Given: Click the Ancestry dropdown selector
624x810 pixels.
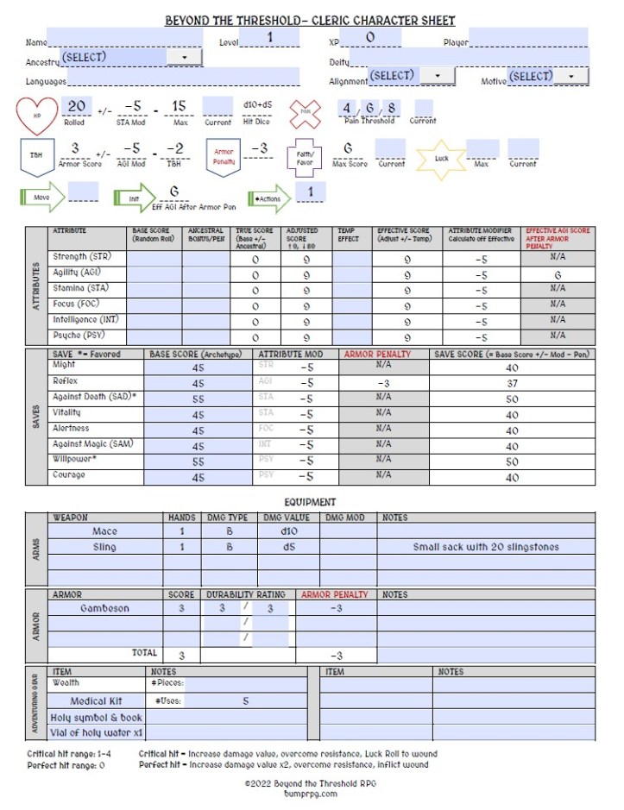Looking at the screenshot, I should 129,57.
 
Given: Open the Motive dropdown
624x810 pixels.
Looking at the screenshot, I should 546,77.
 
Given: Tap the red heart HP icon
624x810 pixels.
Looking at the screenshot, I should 38,116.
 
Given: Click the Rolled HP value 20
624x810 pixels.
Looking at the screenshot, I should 76,106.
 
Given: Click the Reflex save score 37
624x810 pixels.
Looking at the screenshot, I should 512,383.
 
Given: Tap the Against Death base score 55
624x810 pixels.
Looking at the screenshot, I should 199,399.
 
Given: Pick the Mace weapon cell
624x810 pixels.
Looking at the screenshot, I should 104,531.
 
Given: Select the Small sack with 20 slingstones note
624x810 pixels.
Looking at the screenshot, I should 485,547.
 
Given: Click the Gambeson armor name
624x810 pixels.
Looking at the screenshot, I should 104,608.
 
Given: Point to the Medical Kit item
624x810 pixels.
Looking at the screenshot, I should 96,701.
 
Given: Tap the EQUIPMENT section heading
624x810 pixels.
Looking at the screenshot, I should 311,502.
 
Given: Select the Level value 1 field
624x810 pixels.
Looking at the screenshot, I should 270,38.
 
